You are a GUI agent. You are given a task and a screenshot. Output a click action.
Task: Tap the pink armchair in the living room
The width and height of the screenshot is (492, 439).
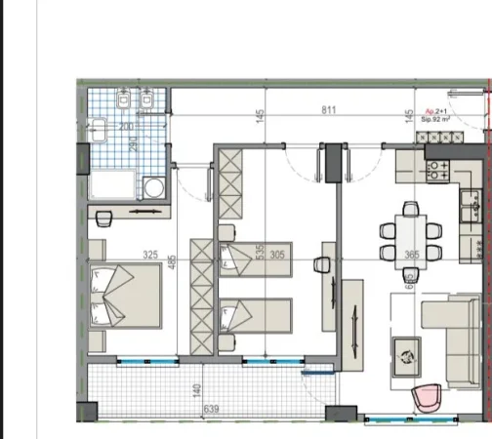point(427,397)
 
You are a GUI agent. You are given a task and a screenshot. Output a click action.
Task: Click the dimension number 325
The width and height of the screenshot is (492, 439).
point(150,256)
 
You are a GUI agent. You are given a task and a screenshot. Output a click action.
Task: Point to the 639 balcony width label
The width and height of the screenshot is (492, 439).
point(209,410)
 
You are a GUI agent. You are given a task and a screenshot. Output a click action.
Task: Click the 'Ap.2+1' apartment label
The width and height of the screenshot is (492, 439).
point(436,112)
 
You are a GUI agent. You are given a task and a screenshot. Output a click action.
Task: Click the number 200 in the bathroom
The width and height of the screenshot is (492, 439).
point(125,128)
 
